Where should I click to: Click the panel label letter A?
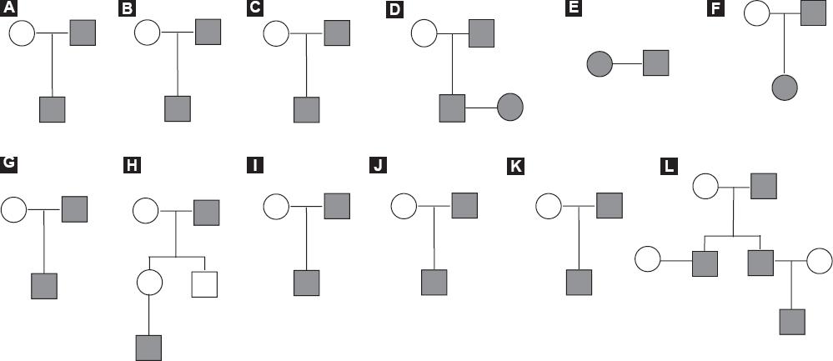pos(10,9)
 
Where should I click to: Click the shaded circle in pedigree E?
pos(600,63)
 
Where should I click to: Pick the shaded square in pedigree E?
pos(655,63)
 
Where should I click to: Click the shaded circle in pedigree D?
pos(509,108)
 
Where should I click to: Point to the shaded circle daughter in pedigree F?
pos(785,87)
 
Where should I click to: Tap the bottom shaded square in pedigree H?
pos(148,346)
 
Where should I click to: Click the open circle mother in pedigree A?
pos(23,33)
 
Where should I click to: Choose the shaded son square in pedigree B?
pos(178,108)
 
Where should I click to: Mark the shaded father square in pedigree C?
pos(336,33)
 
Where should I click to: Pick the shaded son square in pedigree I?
pos(307,283)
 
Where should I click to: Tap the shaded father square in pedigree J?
pos(464,205)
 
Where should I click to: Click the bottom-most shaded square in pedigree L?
pos(791,321)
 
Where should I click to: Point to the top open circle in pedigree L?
pos(705,185)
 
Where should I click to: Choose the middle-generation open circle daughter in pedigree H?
pos(148,284)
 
